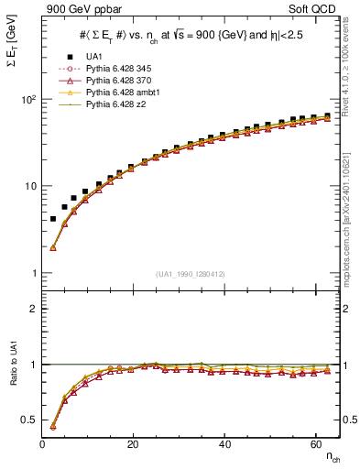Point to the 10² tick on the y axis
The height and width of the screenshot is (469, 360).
[x=27, y=99]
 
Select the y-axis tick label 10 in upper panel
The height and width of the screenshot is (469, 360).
[x=28, y=186]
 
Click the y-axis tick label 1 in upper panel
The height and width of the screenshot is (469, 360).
[x=31, y=273]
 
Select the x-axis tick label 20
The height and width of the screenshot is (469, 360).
[x=133, y=444]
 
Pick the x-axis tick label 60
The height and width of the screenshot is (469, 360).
[x=314, y=444]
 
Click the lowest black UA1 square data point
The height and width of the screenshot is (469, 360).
[x=53, y=219]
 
